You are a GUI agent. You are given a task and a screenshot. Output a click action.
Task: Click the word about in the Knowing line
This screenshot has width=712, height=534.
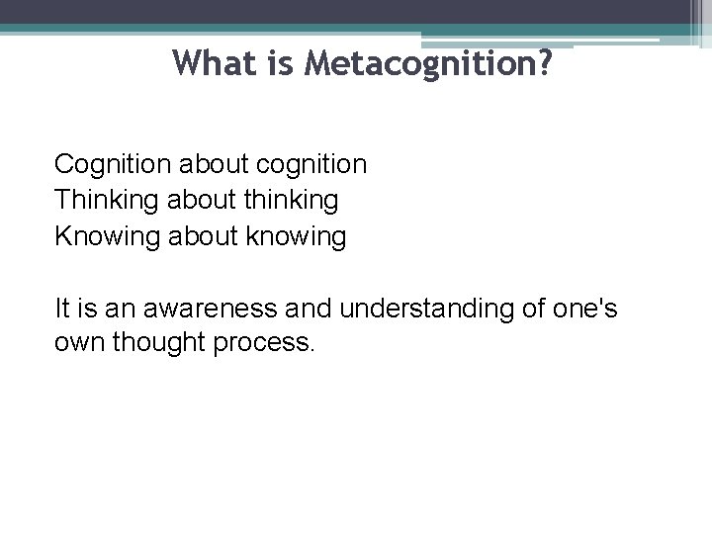click(204, 236)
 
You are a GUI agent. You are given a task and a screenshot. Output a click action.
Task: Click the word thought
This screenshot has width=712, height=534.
click(161, 346)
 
